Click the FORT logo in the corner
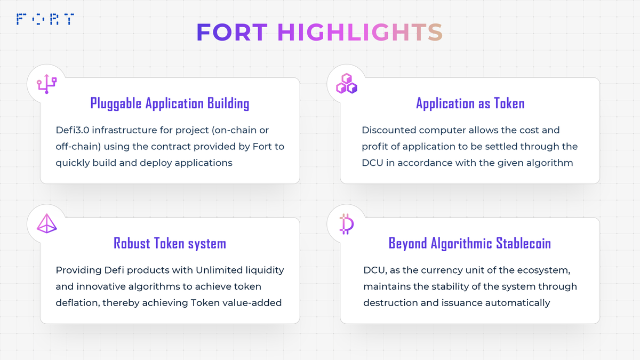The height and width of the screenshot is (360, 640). click(45, 19)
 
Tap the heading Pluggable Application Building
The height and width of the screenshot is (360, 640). click(170, 103)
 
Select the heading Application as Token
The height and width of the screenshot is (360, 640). click(470, 103)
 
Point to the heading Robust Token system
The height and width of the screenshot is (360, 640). click(170, 244)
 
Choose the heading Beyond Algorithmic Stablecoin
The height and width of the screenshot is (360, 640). click(470, 244)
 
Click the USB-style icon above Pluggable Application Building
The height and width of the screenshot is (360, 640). click(46, 84)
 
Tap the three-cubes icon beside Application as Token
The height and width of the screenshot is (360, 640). click(346, 84)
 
